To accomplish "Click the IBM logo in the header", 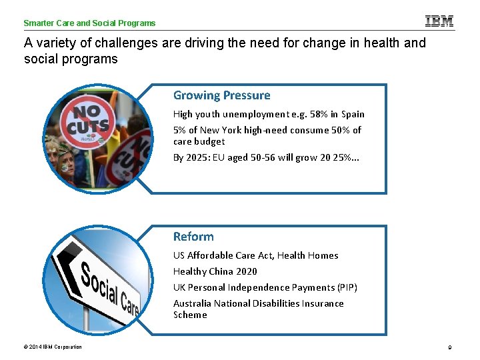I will point(439,21).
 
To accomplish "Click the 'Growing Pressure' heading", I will point(221,95).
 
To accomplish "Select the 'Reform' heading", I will point(193,237).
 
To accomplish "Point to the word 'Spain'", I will point(353,114).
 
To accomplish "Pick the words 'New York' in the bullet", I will point(221,130).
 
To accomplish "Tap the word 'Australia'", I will point(192,303).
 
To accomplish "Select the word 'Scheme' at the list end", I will point(190,315).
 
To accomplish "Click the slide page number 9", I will point(450,347).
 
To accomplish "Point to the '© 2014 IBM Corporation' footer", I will point(53,347).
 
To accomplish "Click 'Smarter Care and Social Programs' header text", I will point(89,23).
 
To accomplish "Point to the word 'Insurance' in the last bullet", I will point(323,303).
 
